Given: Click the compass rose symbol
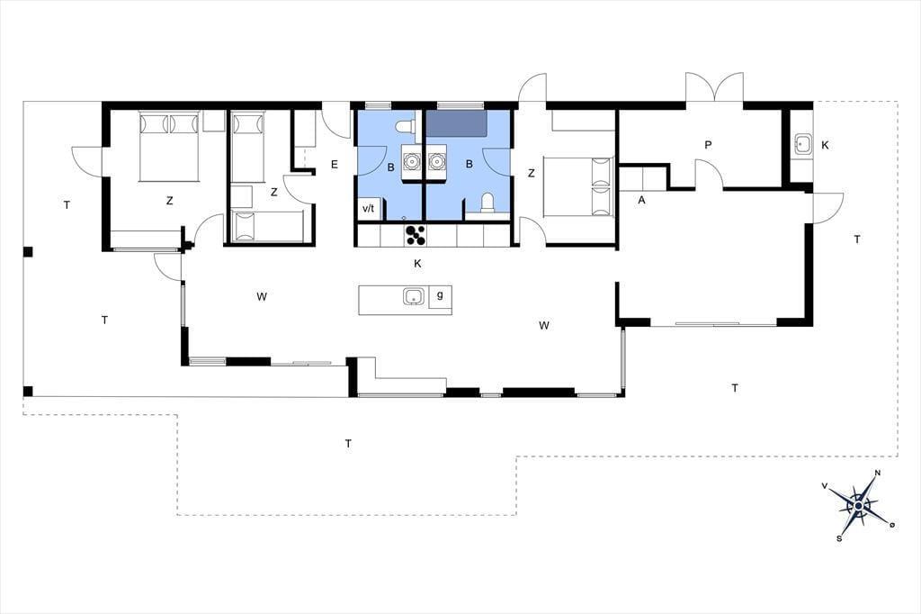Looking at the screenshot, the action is click(x=859, y=505).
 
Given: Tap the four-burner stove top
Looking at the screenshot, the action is click(x=416, y=235).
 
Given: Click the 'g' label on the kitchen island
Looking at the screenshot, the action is click(x=440, y=295).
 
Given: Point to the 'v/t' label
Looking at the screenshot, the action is click(x=368, y=208).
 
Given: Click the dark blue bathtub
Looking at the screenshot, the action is click(x=456, y=123).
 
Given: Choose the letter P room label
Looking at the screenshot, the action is click(x=709, y=145).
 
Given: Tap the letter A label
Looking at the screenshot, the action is click(x=641, y=200).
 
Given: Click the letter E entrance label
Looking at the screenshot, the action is click(x=335, y=164).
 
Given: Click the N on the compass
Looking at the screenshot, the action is click(x=878, y=473).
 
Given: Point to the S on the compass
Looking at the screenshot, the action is click(x=840, y=538).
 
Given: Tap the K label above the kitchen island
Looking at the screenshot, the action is click(x=417, y=264).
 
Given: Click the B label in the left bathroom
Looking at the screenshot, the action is click(x=390, y=167).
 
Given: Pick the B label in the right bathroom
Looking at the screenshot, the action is click(x=469, y=164).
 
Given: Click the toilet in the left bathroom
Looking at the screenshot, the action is click(x=406, y=126).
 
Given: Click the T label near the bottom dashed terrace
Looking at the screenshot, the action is click(x=348, y=444).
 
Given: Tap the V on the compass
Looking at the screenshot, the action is click(x=825, y=485).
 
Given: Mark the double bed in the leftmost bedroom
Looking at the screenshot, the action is click(x=169, y=147).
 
